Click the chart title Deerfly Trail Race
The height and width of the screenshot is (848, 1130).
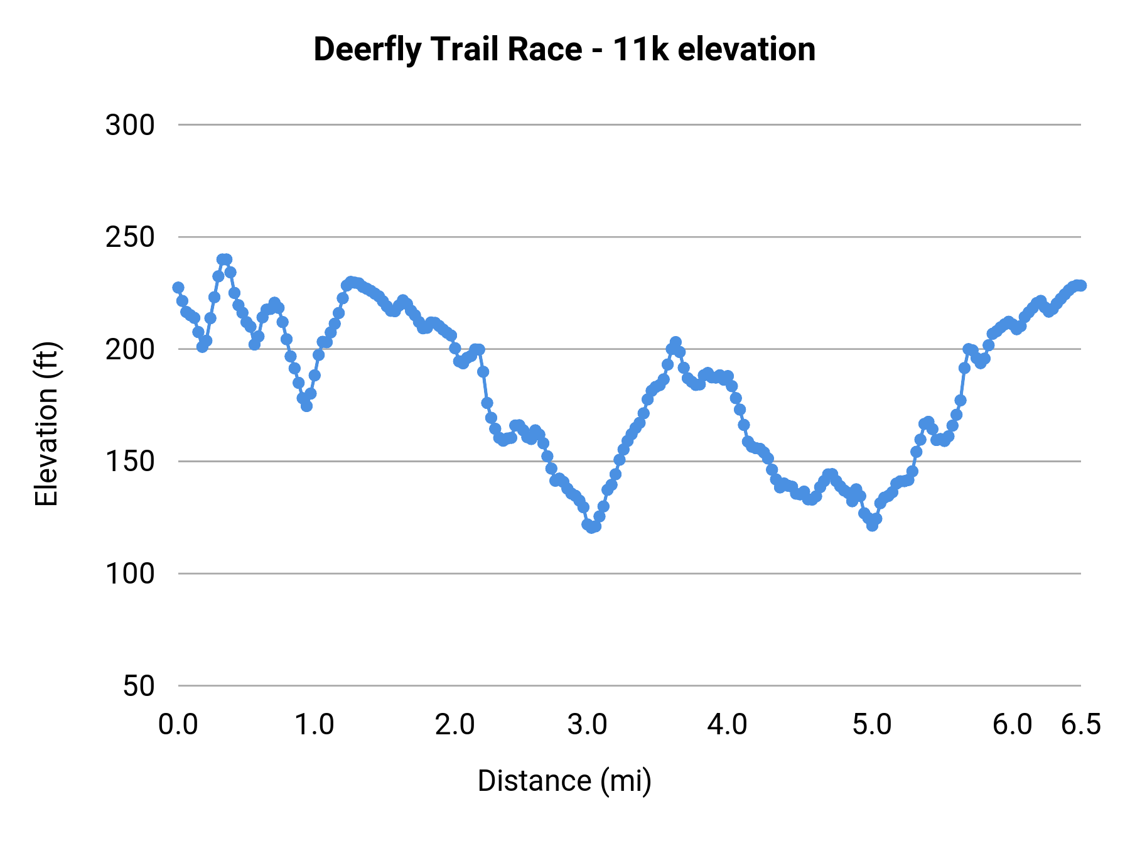click(564, 50)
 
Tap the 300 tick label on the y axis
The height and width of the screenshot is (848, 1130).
click(130, 125)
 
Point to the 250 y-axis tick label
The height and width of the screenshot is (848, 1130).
click(130, 237)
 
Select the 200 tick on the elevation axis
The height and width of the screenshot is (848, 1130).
click(130, 349)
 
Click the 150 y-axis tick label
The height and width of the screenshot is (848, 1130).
click(130, 462)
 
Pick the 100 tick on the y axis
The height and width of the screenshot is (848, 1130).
click(130, 573)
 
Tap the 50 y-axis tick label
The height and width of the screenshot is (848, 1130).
click(138, 686)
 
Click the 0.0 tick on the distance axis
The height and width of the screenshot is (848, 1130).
click(178, 725)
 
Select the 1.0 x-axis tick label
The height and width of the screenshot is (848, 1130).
click(315, 725)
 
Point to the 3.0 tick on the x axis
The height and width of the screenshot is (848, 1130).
click(587, 725)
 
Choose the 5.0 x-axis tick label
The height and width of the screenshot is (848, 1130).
click(872, 725)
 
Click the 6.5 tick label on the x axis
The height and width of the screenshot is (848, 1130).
click(1080, 725)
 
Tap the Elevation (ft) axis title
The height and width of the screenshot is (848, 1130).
click(46, 424)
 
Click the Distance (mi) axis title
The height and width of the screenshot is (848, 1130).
click(564, 781)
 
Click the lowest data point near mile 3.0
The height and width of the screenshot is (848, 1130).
click(591, 528)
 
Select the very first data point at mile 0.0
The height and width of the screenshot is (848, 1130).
click(178, 288)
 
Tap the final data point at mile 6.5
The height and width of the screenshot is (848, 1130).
click(1080, 285)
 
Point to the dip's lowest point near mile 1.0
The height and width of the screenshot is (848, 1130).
click(306, 406)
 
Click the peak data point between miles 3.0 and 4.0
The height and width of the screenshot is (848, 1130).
click(675, 342)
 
